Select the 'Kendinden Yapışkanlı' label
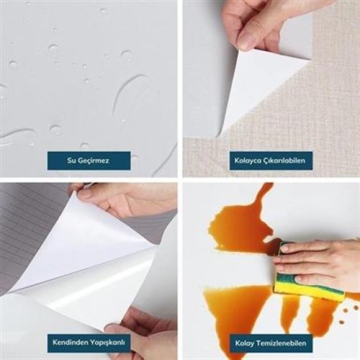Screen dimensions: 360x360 point(89,342)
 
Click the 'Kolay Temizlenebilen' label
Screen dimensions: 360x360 point(270,342)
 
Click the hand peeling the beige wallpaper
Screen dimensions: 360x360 point(259,23)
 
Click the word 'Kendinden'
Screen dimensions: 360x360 point(70,342)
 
